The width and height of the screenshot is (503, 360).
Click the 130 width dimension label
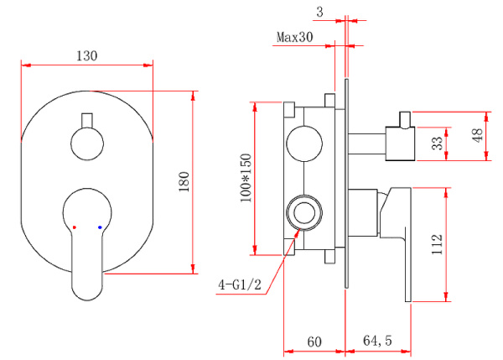87,55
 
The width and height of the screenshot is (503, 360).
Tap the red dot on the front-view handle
75,227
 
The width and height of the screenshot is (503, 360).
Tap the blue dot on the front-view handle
100,227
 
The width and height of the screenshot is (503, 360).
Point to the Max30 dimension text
294,37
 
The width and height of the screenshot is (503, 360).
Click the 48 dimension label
478,136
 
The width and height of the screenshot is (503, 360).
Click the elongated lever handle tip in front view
87,281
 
